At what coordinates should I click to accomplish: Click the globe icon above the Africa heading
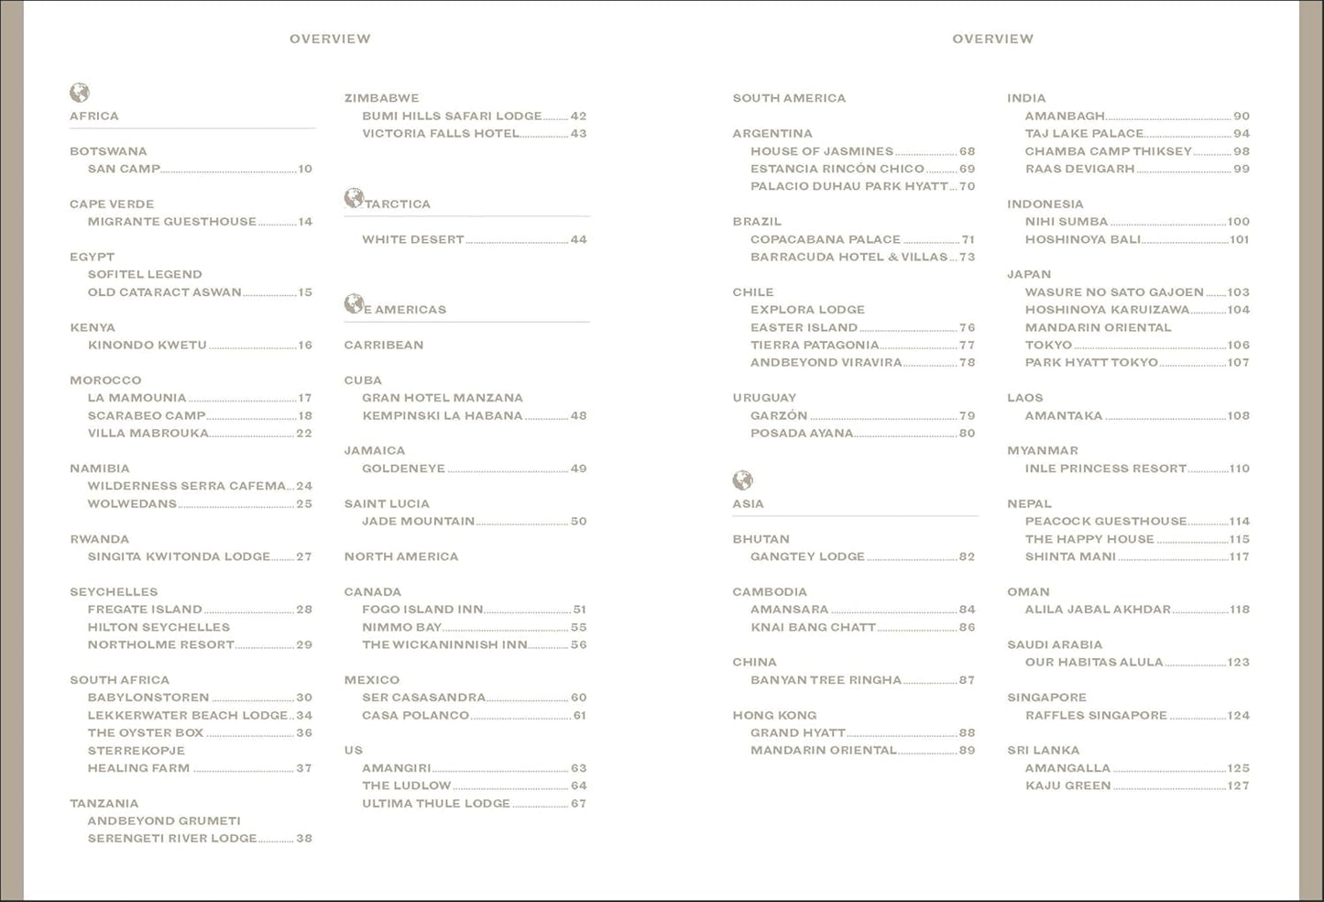pos(80,93)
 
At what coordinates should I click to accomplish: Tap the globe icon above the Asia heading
pos(742,480)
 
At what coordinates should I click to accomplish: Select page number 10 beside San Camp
pos(305,169)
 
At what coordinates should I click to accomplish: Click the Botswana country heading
pos(108,151)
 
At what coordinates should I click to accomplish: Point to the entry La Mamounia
pos(137,398)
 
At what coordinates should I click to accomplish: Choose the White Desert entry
pos(412,239)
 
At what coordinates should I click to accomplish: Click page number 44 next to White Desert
pos(578,239)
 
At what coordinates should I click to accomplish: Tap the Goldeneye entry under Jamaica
pos(403,468)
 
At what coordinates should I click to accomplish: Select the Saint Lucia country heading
pos(387,503)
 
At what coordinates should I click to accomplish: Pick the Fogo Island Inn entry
pos(422,610)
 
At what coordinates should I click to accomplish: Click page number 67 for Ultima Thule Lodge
pos(578,803)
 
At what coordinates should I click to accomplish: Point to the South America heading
pos(789,98)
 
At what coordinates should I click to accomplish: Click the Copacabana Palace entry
pos(826,239)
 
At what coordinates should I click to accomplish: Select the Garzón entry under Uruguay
pos(779,415)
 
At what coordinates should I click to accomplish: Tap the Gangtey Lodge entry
pos(807,556)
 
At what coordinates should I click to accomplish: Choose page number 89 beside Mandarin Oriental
pos(967,750)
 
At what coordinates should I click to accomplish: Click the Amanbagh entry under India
pos(1065,116)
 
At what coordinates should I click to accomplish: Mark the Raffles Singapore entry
pos(1096,715)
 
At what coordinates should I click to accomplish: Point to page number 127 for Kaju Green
pos(1238,786)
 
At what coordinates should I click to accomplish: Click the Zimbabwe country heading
pos(381,98)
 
